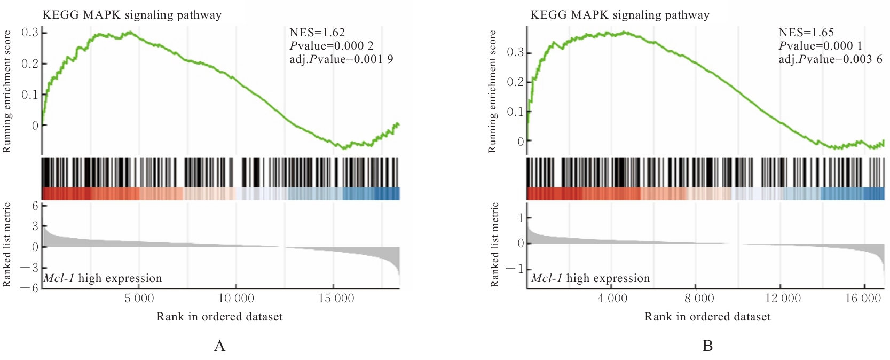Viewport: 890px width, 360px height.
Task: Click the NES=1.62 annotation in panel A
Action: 317,33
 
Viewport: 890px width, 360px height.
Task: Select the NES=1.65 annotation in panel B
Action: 806,33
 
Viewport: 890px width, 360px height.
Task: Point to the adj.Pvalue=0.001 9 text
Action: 341,59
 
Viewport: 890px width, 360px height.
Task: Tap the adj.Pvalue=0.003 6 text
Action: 830,59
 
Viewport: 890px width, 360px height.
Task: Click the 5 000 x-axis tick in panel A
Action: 139,299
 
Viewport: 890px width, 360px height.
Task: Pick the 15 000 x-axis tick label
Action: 336,299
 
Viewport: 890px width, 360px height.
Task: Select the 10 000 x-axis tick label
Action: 236,299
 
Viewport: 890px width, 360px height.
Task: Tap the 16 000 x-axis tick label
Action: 863,299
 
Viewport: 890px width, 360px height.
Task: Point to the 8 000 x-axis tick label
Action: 699,299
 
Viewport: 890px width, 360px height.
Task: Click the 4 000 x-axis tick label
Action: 612,299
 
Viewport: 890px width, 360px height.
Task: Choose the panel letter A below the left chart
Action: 219,346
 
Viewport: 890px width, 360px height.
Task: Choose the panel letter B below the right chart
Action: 707,346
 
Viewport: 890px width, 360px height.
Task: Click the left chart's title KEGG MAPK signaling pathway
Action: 132,15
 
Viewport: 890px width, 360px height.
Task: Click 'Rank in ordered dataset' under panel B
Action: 707,317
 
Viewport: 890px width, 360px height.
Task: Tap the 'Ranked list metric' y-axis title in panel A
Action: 7,245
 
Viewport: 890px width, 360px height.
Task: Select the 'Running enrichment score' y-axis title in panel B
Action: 492,91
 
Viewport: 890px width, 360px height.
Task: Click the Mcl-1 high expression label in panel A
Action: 103,278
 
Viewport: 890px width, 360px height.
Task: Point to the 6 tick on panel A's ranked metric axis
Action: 35,206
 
